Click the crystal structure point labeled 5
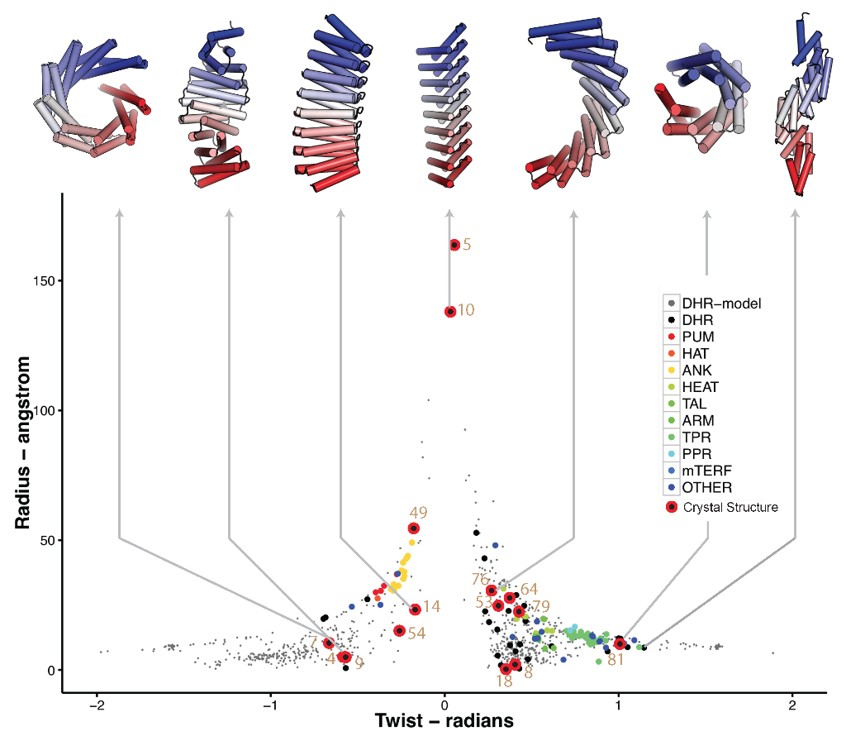click(454, 245)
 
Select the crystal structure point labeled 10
click(450, 312)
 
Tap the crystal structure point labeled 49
click(414, 528)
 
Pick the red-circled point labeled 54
click(400, 631)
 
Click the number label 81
click(615, 660)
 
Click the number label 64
click(529, 589)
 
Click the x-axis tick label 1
click(619, 705)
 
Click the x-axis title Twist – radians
click(444, 721)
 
